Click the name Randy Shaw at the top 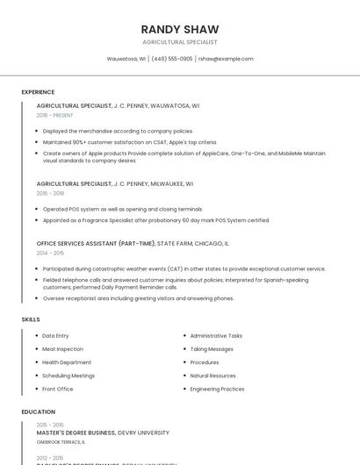tap(180, 29)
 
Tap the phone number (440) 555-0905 tap(172, 59)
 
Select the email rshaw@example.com tap(226, 59)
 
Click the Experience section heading tap(38, 92)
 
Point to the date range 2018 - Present tap(55, 115)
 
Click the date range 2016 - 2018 tap(50, 193)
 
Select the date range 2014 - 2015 tap(50, 253)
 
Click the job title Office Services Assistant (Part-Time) tap(96, 243)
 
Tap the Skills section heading tap(31, 319)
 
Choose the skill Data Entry tap(55, 336)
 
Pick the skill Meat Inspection tap(62, 349)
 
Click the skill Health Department tap(67, 362)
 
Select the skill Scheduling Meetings tap(68, 376)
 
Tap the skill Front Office tap(58, 389)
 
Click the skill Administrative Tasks tap(216, 336)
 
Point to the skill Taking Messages tap(212, 349)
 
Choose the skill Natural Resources tap(213, 376)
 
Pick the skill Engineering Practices tap(217, 389)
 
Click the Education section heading tap(39, 411)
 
